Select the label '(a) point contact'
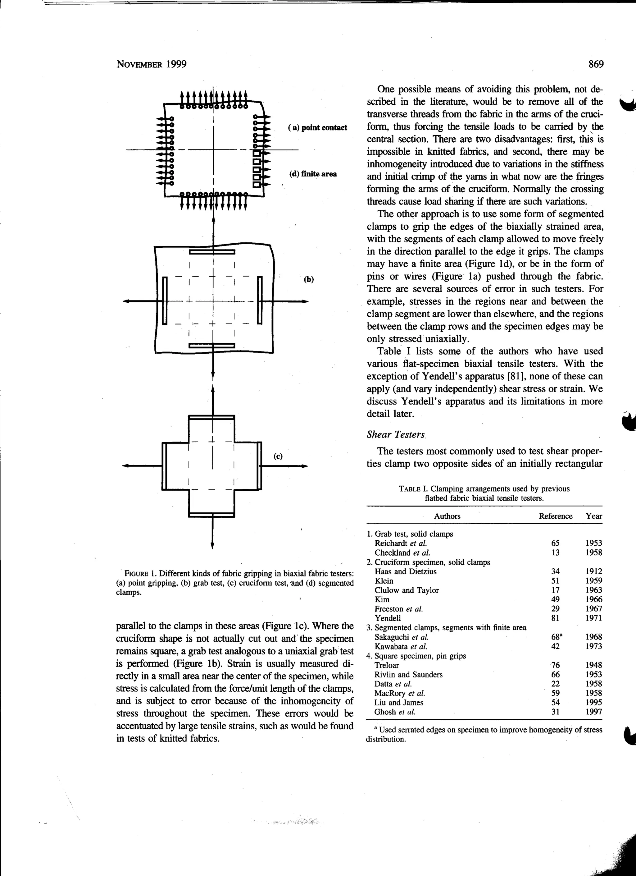317,128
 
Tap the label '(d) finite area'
313,174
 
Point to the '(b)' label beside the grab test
308,279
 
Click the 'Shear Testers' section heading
395,434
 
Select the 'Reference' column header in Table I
555,516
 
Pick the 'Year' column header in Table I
593,516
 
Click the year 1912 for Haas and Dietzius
593,571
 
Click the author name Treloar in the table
387,665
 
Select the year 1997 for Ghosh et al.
593,712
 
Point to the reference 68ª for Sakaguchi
556,637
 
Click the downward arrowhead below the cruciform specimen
212,546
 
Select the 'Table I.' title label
413,489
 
